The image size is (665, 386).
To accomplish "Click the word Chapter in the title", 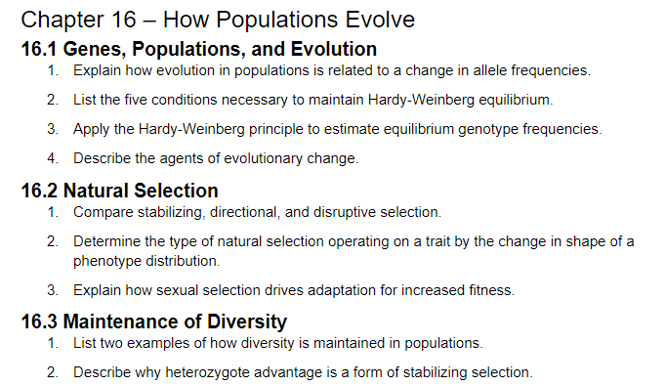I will pos(60,19).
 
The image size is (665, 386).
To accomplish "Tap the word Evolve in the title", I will pos(375,19).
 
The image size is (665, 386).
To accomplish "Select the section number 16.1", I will pos(39,49).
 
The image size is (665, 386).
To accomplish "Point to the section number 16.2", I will pos(39,190).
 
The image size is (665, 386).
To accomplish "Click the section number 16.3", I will pos(39,321).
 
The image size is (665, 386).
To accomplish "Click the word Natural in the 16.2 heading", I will pos(99,190).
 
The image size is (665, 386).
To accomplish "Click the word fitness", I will pos(492,290).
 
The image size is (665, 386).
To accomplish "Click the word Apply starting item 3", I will pos(91,128).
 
